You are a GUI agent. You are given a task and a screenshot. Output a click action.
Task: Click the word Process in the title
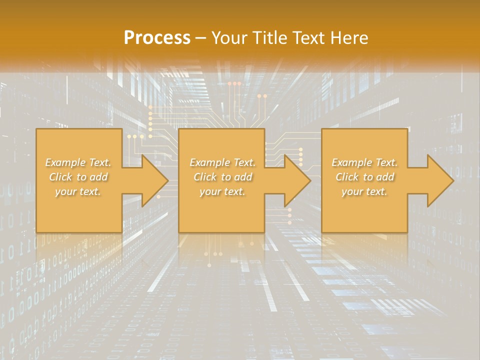(x=157, y=38)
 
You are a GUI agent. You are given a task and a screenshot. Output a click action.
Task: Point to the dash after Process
(x=201, y=38)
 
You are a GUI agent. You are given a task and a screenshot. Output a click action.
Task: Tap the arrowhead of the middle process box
(x=297, y=180)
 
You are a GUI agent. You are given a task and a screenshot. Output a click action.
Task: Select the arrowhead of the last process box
(x=440, y=180)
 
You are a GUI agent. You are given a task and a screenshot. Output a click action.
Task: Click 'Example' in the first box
(x=65, y=162)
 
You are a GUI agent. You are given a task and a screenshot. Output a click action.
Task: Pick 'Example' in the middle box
(x=209, y=162)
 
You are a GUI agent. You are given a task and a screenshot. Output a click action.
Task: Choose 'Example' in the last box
(x=351, y=162)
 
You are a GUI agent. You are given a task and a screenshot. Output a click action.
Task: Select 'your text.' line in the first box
(x=78, y=191)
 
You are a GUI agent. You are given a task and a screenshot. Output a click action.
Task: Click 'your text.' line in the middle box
(x=222, y=191)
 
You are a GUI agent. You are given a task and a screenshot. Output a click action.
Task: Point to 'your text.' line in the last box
(x=364, y=191)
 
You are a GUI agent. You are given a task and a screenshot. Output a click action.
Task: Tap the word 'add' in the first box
(x=98, y=177)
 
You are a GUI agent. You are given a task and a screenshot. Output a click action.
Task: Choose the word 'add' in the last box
(x=385, y=177)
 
